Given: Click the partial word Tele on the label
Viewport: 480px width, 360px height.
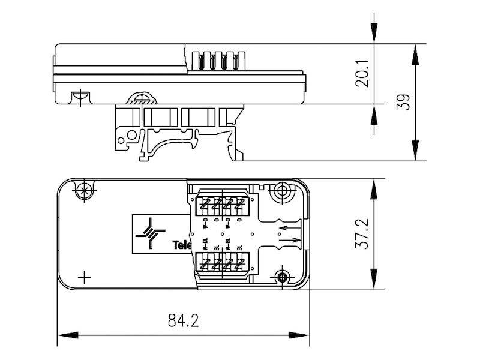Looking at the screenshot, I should (181, 245).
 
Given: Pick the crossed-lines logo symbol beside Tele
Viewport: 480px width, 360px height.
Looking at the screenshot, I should (149, 234).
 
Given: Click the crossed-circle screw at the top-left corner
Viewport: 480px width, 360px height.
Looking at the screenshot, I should (85, 191).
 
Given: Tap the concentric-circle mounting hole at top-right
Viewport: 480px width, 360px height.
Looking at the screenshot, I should (281, 193).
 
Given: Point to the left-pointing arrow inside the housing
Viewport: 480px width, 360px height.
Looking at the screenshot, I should (288, 227).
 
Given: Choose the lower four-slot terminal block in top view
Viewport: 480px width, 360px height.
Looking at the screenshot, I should (221, 264).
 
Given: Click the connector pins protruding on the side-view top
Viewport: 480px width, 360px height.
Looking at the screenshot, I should (218, 60).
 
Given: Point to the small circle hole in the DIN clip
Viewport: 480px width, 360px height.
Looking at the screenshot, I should (122, 142).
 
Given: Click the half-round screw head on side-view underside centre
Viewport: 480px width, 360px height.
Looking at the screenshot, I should (142, 100).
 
